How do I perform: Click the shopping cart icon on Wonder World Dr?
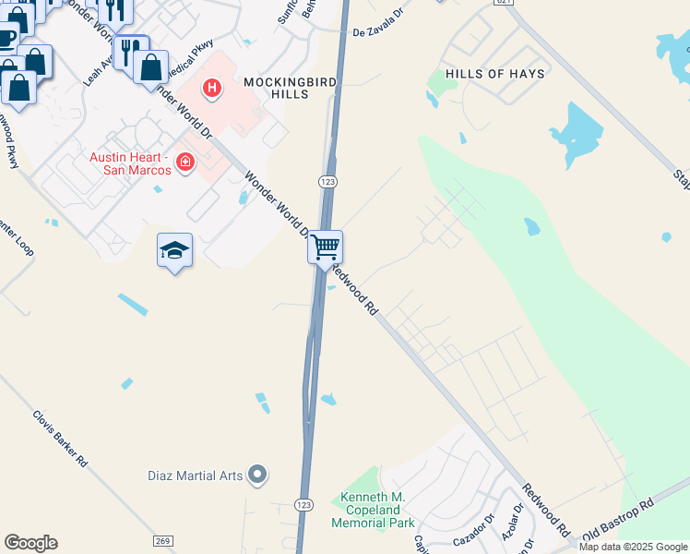point(325,247)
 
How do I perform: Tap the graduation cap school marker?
point(174,250)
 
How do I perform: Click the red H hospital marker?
point(212,89)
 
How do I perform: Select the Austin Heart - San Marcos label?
point(130,163)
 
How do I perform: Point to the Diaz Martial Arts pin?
point(257,476)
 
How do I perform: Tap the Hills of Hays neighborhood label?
point(494,73)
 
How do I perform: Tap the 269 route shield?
point(162,540)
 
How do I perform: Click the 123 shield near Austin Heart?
point(327,183)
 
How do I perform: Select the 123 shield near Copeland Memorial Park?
point(303,504)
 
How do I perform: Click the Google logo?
point(30,543)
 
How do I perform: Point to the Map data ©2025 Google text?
point(633,547)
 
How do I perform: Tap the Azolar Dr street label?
point(511,527)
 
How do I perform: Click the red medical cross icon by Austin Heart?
point(184,163)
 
